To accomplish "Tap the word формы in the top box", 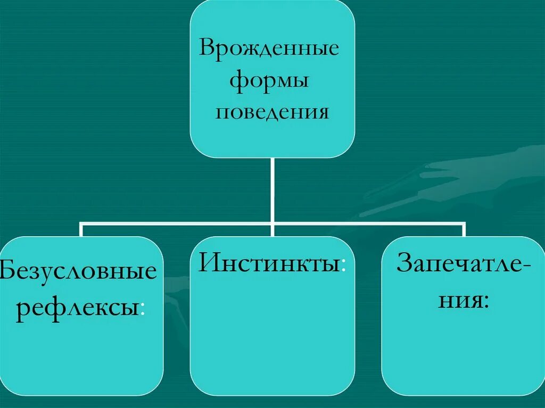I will (270, 81).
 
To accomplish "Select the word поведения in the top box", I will (271, 113).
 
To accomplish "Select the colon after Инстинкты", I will (343, 265).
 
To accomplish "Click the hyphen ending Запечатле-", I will (523, 265).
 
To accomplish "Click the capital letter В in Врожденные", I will (207, 48).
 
